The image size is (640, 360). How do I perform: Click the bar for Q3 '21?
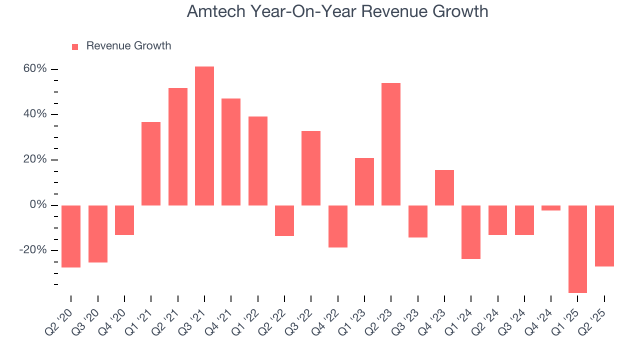[204, 135]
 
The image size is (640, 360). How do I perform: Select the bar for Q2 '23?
[391, 144]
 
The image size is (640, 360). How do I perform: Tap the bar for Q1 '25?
[577, 249]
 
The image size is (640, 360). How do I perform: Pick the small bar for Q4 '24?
[551, 208]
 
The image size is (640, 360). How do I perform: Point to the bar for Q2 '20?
[71, 236]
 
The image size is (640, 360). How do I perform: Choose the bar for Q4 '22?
[337, 226]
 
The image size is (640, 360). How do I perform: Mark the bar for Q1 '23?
[364, 181]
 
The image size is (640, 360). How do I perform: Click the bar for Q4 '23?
[444, 187]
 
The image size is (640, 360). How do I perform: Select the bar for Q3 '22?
[311, 168]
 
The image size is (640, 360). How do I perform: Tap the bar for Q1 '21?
[151, 163]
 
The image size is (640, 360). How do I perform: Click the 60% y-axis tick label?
[35, 69]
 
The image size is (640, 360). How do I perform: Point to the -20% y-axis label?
[33, 250]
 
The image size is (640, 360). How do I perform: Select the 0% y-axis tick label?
[38, 205]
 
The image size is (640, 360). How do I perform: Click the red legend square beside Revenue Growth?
[75, 46]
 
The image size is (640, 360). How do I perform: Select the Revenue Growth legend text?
[128, 46]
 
